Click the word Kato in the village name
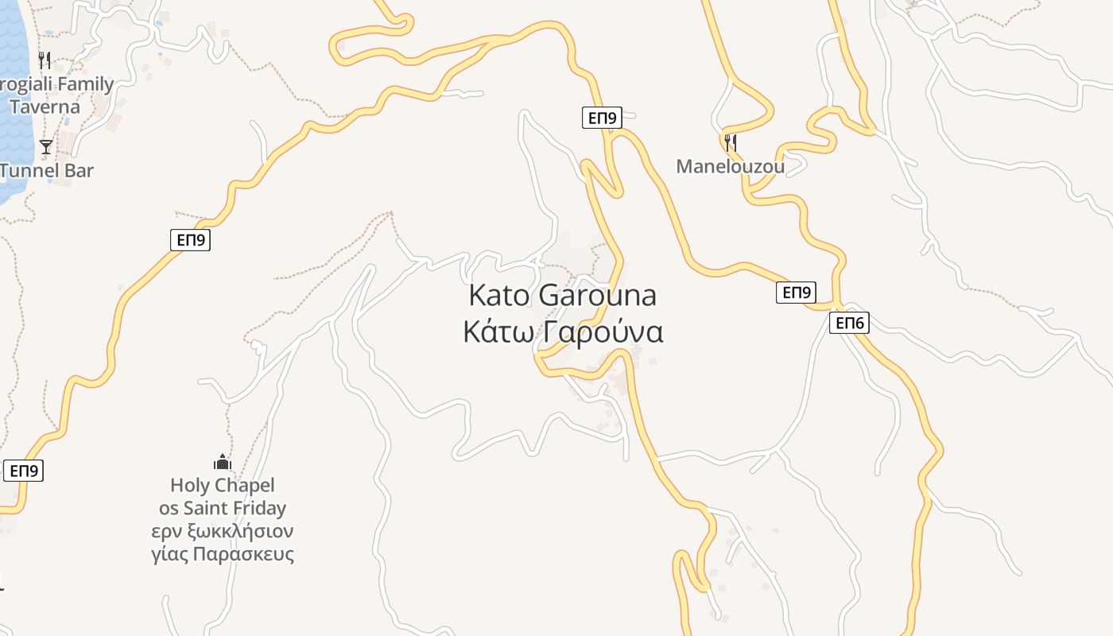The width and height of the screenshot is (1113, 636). (x=498, y=295)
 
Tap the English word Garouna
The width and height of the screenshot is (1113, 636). (x=598, y=295)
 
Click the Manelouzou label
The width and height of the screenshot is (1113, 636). (x=730, y=166)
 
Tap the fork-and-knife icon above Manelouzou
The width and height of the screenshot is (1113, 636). (x=731, y=143)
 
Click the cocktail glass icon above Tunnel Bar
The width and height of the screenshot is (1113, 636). (x=46, y=146)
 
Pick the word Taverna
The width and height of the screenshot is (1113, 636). (x=45, y=107)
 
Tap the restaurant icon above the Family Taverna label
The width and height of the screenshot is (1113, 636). (x=45, y=60)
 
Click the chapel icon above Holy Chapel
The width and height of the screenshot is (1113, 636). (x=222, y=462)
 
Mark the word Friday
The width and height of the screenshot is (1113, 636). (x=261, y=508)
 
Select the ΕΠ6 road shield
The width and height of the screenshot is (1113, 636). (x=849, y=323)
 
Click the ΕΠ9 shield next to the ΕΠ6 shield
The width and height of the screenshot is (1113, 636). (x=796, y=293)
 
